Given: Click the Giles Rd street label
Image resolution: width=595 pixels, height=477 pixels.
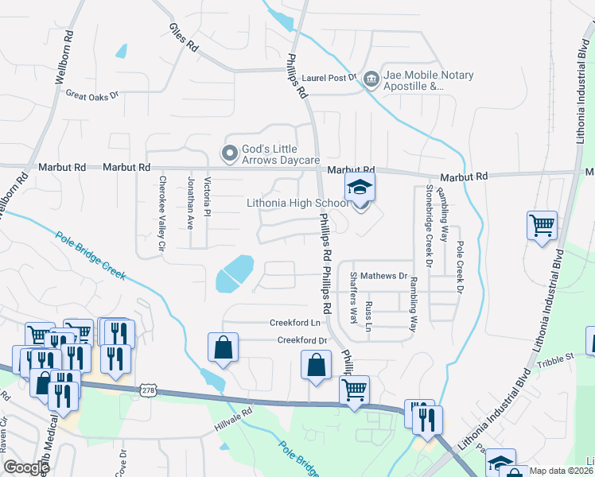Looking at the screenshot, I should pos(183,37).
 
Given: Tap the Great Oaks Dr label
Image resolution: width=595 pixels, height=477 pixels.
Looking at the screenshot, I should pos(91,95).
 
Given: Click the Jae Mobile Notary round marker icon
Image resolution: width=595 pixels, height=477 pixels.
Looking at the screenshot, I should pos(371,79).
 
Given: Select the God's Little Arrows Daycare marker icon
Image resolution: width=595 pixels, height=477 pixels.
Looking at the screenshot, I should pos(230,153).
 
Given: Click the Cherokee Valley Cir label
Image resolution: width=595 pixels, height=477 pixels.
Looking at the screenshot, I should pos(161,214).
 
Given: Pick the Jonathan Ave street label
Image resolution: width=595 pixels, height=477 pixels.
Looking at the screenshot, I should pos(189,204).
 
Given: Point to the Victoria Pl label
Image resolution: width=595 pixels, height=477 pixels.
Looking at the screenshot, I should pos(207,200).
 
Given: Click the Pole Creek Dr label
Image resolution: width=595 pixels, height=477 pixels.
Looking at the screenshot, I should pos(459,266).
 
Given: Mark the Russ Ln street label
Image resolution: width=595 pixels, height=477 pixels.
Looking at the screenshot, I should pos(367,316).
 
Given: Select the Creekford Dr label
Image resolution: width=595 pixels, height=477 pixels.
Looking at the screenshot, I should pos(302,340).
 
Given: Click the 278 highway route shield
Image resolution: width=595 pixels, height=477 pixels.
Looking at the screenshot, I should pos(148,390).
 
